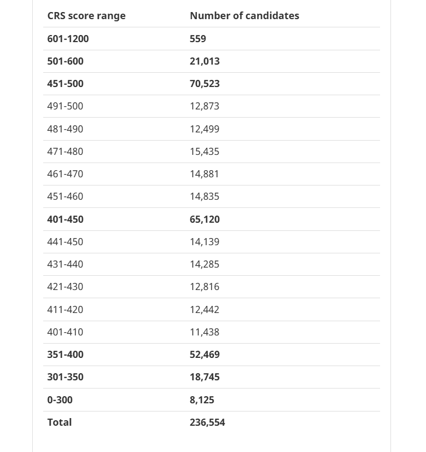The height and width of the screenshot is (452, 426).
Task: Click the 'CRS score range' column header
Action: tap(86, 16)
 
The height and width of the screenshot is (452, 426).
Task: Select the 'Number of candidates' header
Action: tap(244, 16)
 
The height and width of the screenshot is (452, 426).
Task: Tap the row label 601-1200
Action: tap(68, 39)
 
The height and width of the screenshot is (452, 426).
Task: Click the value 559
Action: tap(198, 39)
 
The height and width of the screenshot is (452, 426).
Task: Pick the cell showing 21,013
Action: tap(205, 61)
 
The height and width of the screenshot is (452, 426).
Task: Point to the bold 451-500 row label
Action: tap(65, 84)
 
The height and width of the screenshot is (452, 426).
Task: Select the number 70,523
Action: tap(205, 84)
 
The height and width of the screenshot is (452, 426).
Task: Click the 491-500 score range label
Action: tap(65, 106)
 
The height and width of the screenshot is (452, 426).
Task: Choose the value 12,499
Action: tap(205, 129)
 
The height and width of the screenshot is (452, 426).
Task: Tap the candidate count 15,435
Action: tap(205, 152)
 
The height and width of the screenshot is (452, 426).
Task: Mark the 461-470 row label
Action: tap(65, 174)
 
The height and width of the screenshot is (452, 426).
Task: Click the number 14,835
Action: tap(205, 196)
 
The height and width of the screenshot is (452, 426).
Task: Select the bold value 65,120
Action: tap(205, 219)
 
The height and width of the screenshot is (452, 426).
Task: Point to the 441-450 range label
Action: tap(65, 242)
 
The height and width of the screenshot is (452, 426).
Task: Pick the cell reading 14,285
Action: tap(205, 264)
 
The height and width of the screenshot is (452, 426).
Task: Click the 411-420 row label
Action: tap(65, 310)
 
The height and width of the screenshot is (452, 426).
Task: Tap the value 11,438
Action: tap(205, 332)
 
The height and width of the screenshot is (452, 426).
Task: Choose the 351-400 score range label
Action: tap(65, 355)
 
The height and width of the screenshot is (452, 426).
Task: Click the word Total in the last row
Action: tap(59, 422)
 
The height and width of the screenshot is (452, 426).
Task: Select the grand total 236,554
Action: tap(207, 422)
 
